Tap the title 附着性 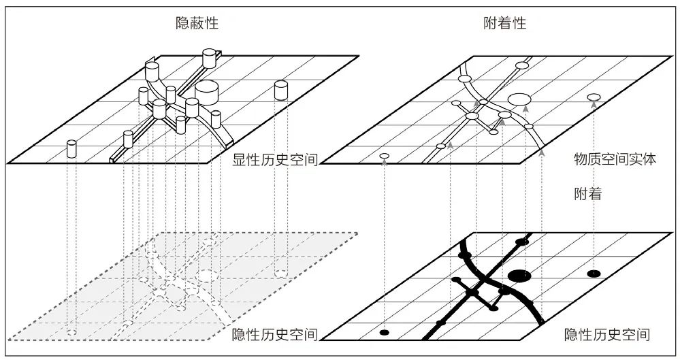(504, 23)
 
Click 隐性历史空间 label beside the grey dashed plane (275, 334)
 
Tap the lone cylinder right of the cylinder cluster (280, 90)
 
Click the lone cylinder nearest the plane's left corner (72, 149)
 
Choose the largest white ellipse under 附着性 (519, 99)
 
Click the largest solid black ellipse (519, 275)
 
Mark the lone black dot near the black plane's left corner (384, 332)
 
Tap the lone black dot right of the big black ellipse (594, 274)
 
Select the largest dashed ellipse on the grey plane (206, 275)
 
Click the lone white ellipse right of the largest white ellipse (594, 97)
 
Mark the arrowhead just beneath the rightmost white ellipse (594, 104)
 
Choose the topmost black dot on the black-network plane (522, 242)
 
